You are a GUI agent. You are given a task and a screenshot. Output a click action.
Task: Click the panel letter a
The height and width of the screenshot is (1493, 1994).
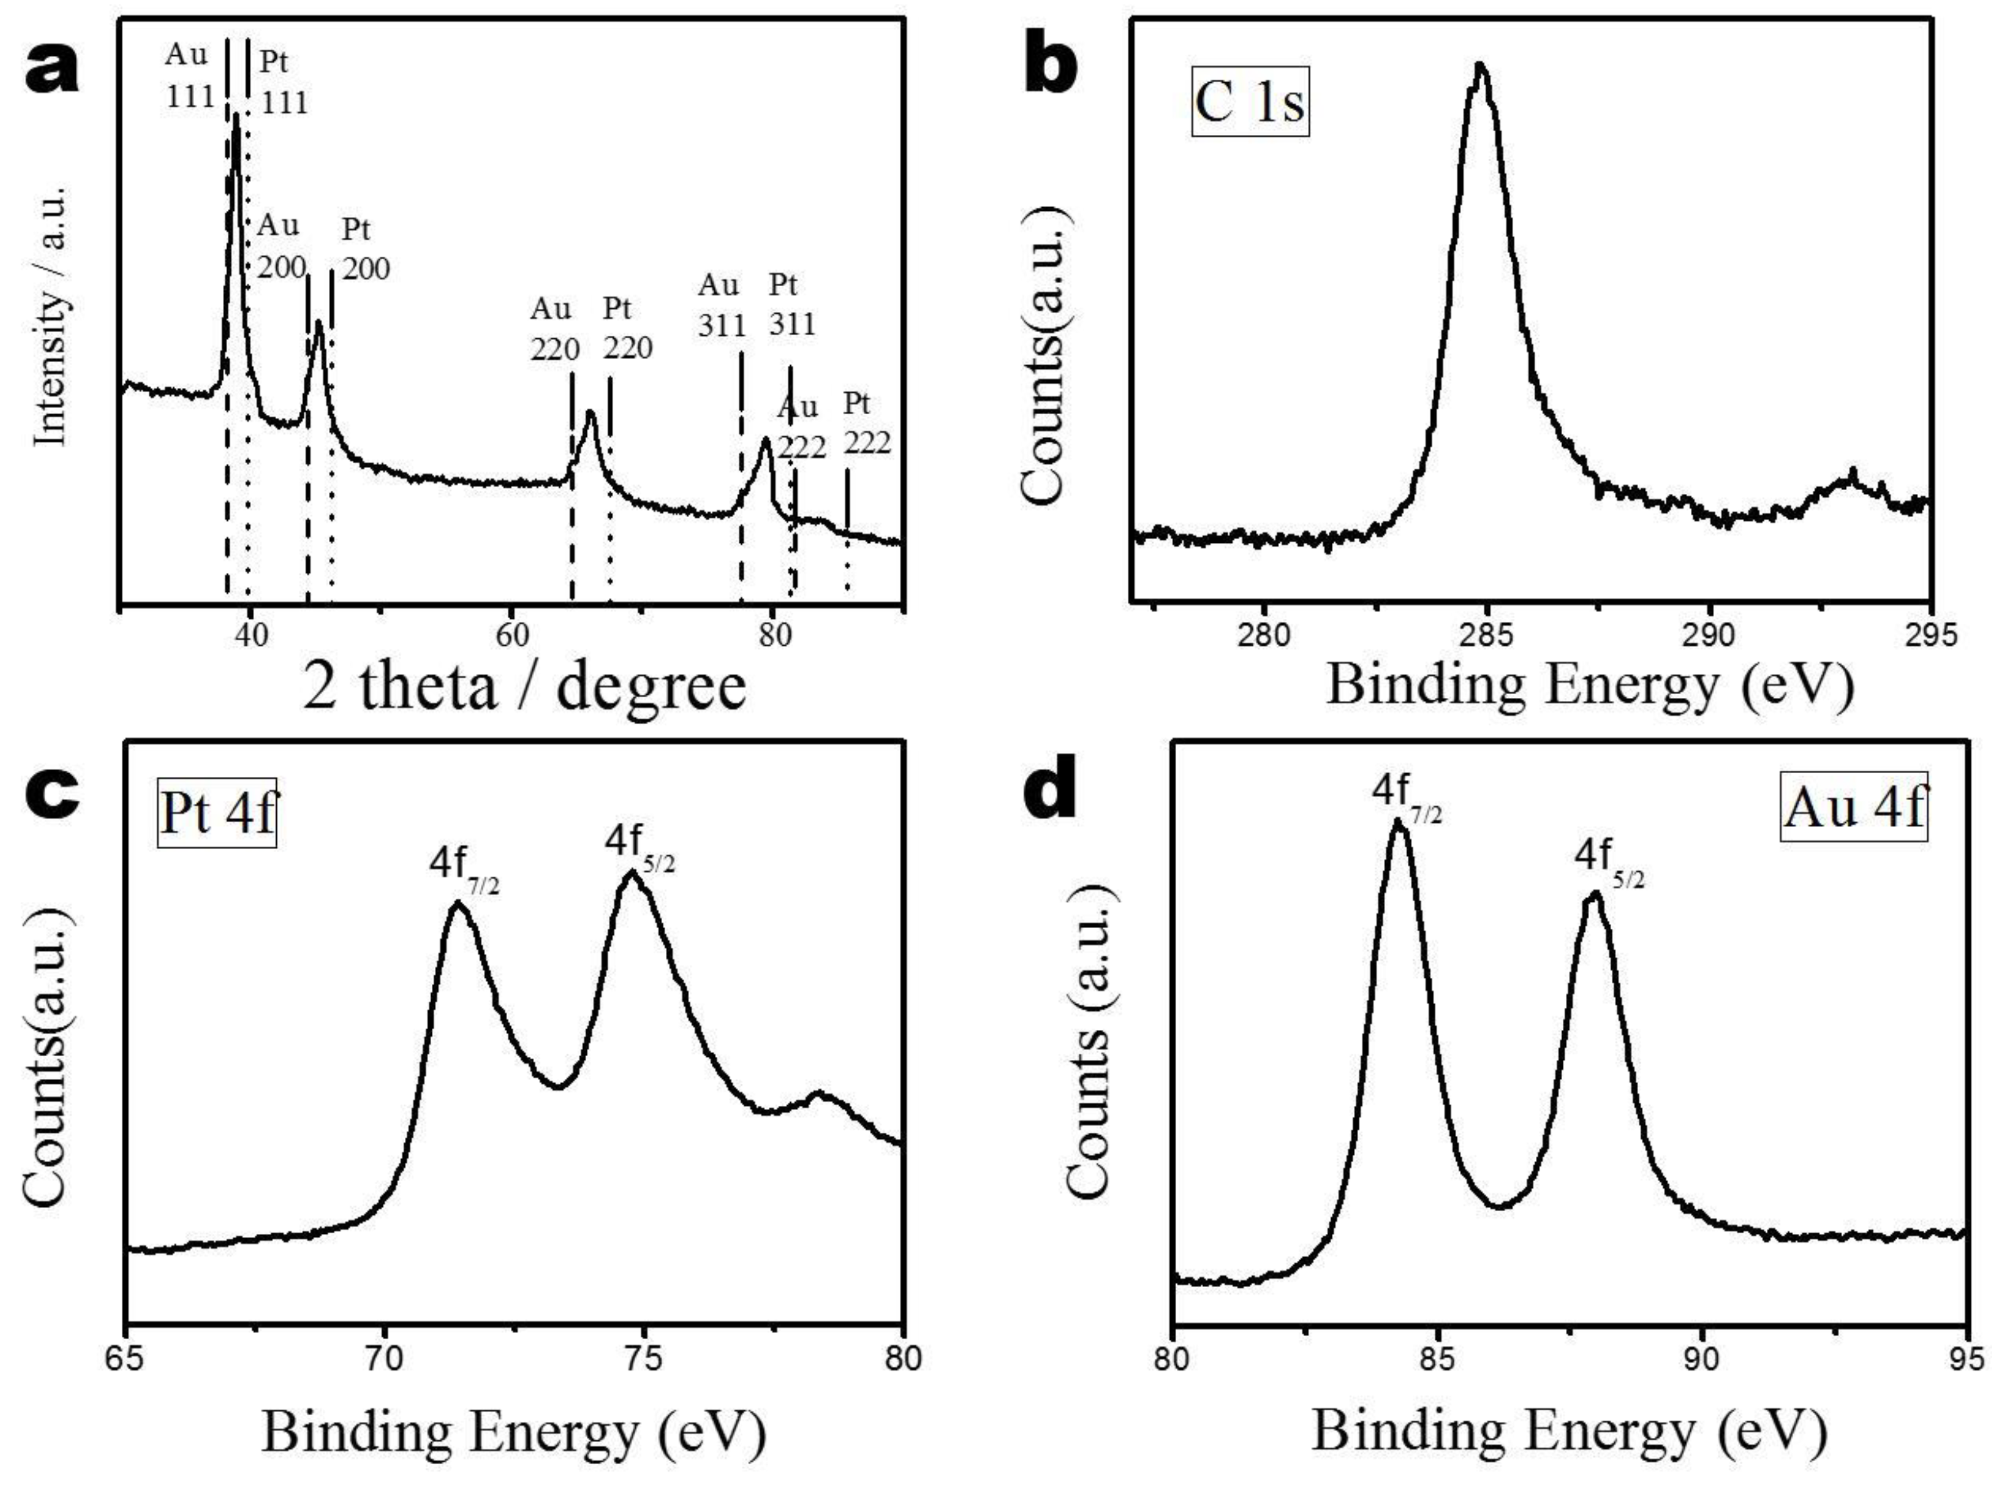(52, 70)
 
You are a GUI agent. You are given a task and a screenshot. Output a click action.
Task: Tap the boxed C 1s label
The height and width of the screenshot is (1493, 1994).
(1250, 102)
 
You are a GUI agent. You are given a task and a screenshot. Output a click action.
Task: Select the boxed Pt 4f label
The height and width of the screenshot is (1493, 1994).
(217, 814)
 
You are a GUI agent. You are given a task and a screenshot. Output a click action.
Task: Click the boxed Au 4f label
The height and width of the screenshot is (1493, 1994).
(1854, 807)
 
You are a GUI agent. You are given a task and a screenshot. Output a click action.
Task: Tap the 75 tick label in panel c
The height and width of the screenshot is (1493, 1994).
(643, 1358)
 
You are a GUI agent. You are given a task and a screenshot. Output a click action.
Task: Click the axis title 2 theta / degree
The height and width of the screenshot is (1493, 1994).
(525, 687)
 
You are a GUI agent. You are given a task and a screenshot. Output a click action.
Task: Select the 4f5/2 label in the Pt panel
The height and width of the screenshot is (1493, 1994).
(639, 847)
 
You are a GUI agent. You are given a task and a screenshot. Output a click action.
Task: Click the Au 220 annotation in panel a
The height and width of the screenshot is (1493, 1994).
(554, 329)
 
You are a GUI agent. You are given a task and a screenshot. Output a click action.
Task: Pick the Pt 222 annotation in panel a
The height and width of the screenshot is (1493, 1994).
(866, 424)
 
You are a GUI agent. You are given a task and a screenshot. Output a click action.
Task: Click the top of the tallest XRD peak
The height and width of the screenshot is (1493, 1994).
(236, 114)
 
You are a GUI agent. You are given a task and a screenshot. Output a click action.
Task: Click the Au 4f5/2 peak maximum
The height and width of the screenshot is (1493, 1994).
(1594, 894)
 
